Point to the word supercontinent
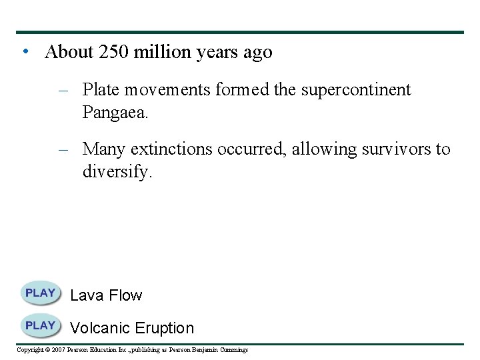click(x=356, y=90)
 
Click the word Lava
click(x=86, y=295)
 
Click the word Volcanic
click(x=99, y=328)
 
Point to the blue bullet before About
click(x=24, y=52)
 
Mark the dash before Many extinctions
click(x=64, y=149)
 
